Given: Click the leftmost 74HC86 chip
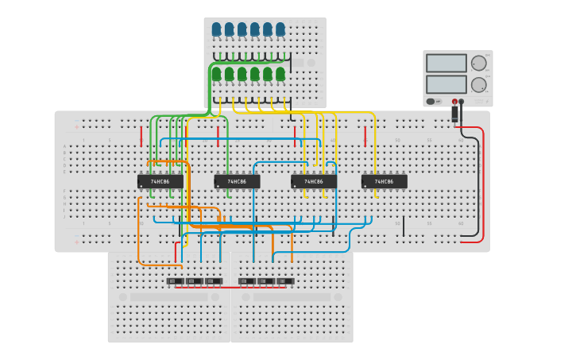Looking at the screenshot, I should point(160,181).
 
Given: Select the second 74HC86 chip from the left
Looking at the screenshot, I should point(237,181).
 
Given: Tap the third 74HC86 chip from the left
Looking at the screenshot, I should point(314,181).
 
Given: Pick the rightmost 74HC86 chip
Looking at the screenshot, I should point(385,181).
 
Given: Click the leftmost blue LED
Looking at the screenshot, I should point(216,29).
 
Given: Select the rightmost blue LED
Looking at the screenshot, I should point(280,29).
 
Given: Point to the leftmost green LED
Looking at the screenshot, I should point(216,74).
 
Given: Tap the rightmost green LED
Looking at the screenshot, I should point(280,74).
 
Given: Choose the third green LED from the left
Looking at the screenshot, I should point(242,74).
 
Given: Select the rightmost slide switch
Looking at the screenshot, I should point(285,281).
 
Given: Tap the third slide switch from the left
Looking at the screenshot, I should point(214,281).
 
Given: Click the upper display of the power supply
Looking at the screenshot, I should point(446,63).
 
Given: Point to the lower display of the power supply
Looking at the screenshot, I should point(446,84).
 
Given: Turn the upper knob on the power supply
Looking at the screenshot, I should point(479,63).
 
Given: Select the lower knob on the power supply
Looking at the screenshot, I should point(479,84).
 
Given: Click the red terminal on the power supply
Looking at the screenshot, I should point(454,102).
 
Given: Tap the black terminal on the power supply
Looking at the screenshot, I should point(462,102).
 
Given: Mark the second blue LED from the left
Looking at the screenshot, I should point(229,29).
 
